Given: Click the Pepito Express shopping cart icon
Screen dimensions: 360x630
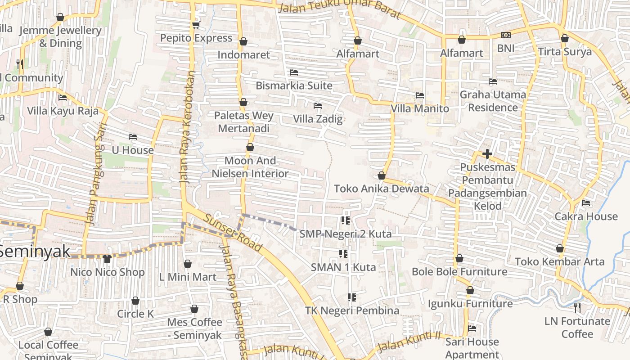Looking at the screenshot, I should [195, 25].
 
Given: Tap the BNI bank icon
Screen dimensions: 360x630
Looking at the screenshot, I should [506, 35].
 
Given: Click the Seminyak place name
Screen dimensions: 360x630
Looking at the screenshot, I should [35, 251].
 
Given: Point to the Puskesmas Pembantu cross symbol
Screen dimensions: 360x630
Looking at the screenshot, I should [487, 154].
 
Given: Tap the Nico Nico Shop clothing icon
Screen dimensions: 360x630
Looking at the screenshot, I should [107, 259].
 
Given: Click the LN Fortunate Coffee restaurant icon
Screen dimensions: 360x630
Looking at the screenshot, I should [577, 308].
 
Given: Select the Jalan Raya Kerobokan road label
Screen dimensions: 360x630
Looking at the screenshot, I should [188, 127].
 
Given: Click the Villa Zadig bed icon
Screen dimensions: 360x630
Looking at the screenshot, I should [318, 106].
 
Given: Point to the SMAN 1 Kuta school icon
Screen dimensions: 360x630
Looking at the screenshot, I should [343, 254].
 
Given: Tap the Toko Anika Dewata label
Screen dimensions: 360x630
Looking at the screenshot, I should [381, 189].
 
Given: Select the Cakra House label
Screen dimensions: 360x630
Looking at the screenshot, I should [586, 216].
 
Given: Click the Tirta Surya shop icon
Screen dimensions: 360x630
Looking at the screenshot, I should [565, 38].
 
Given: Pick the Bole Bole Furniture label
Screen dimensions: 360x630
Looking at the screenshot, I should [459, 272].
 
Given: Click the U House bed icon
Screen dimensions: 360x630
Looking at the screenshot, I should [132, 137].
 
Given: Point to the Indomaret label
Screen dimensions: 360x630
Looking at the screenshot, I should [243, 55].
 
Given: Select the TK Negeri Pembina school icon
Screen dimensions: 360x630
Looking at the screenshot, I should [352, 297].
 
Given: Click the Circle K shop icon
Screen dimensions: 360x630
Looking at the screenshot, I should [135, 301].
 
